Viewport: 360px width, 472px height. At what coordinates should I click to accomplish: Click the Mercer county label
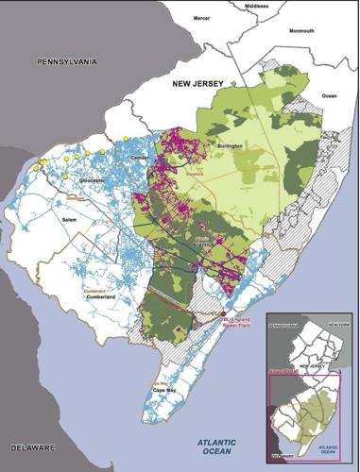click(202, 17)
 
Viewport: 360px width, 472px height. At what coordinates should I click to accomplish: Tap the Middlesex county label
click(268, 6)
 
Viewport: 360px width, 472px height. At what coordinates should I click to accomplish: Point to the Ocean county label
click(330, 95)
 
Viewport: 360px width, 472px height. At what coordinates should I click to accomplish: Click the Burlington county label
click(231, 146)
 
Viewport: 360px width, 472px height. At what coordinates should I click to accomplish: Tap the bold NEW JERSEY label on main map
click(197, 84)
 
